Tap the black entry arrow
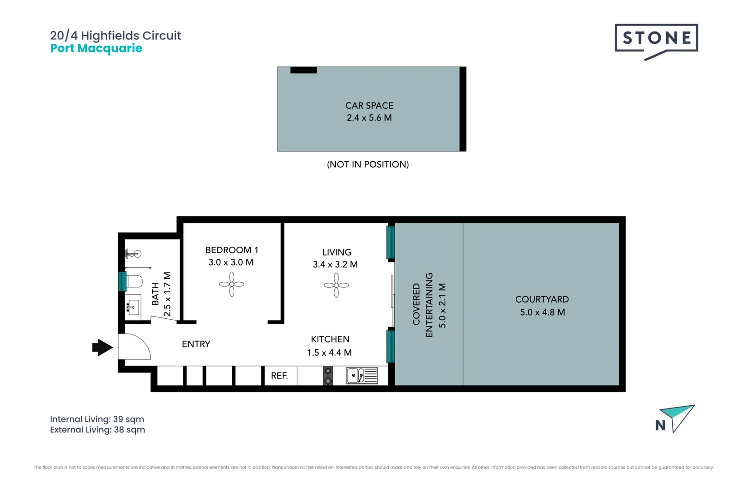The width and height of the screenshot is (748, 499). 103,347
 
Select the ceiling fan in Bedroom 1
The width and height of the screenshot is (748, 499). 232,285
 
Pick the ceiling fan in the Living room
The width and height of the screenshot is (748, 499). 336,285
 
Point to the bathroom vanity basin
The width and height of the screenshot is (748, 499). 133,305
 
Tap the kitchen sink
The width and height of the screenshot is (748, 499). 362,375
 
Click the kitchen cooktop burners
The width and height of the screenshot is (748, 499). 328,376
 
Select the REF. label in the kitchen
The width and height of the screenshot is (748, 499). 279,376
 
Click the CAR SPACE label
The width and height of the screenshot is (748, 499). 369,106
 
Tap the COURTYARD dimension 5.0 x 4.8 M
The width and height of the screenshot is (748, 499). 542,312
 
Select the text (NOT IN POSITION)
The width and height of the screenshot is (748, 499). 368,164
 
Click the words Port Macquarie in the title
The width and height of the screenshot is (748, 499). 96,49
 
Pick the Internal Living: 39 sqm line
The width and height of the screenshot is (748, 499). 97,419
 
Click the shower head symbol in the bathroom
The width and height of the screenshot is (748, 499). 133,254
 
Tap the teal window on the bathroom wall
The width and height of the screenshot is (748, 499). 122,281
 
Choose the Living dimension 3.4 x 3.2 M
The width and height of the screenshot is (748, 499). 335,264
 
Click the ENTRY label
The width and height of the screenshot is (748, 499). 196,344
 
